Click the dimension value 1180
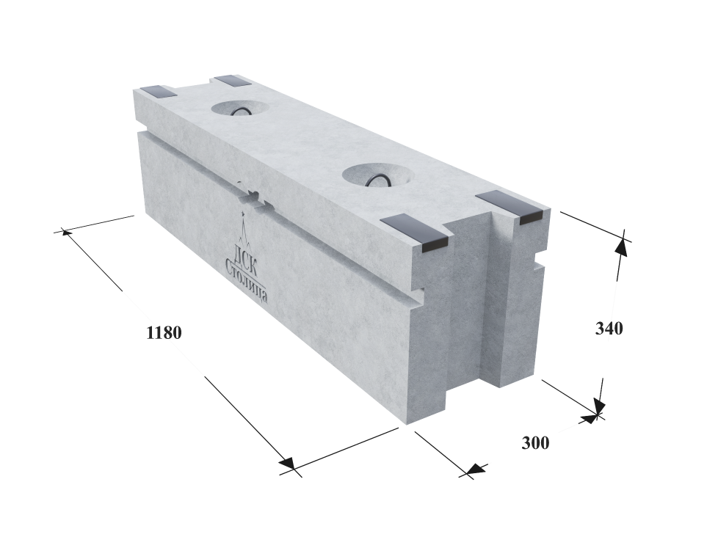coord(164,333)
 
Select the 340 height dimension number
coord(609,328)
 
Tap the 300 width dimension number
coord(535,442)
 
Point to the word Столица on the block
coord(247,281)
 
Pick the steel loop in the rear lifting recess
coord(241,112)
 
